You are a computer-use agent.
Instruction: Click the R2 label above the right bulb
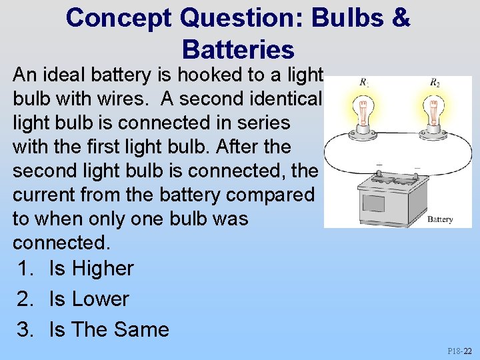coord(435,83)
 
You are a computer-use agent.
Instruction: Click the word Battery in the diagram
coord(440,219)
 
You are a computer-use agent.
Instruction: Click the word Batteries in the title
coord(237,49)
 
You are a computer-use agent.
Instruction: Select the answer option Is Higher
coord(91,268)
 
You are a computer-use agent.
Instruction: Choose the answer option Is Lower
coord(88,299)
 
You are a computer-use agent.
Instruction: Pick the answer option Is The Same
coord(109,329)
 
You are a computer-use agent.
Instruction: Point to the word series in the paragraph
coord(257,122)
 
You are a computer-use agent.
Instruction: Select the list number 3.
coord(26,329)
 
